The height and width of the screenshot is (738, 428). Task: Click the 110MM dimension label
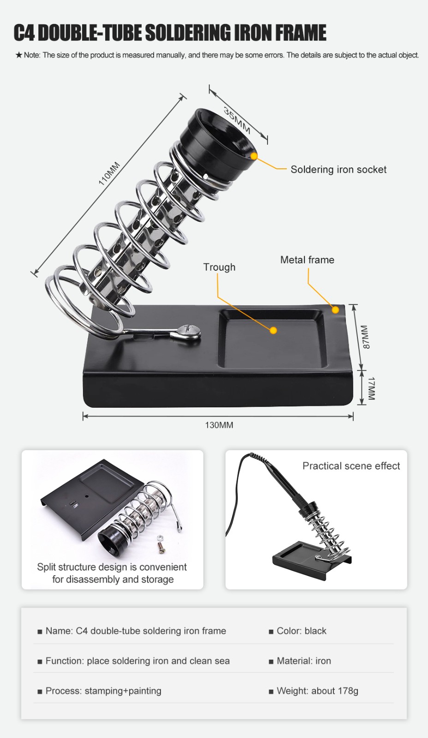(109, 173)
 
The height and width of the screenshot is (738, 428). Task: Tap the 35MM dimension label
(237, 120)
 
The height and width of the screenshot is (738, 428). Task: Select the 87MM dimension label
(366, 337)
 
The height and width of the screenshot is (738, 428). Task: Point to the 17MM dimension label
(371, 388)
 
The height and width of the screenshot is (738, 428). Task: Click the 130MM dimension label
(219, 425)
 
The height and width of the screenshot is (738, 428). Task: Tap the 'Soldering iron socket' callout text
(339, 169)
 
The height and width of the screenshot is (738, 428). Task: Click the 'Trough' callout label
(220, 267)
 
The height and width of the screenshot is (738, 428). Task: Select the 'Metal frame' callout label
(307, 260)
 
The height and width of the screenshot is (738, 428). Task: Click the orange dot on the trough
(273, 330)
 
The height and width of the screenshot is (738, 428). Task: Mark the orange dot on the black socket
(254, 156)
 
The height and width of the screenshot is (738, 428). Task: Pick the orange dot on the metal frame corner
(335, 310)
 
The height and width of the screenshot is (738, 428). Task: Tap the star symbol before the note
(19, 55)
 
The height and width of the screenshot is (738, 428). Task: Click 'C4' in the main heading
(24, 33)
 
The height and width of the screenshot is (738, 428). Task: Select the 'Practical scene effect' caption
(351, 466)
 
